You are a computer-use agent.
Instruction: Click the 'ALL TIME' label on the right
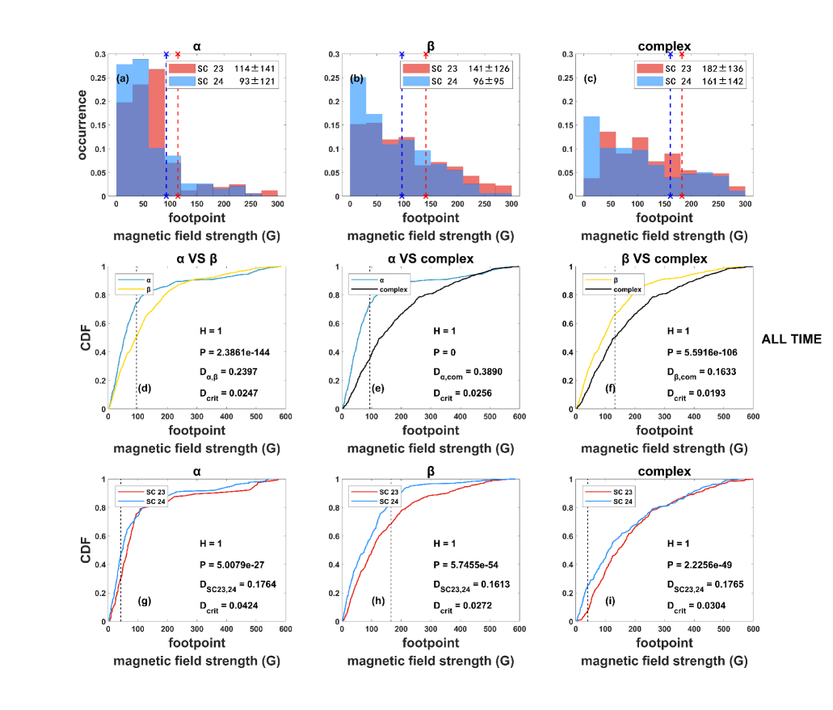pyautogui.click(x=791, y=339)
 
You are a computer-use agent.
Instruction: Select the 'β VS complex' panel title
pyautogui.click(x=652, y=258)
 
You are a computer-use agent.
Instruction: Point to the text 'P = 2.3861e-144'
pyautogui.click(x=238, y=351)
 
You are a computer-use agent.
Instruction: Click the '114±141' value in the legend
pyautogui.click(x=256, y=68)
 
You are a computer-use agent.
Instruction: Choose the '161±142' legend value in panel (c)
pyautogui.click(x=725, y=82)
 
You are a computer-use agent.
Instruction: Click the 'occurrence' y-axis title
pyautogui.click(x=83, y=125)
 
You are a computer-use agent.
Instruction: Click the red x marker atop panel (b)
pyautogui.click(x=426, y=55)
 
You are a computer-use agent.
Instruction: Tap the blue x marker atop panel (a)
pyautogui.click(x=166, y=55)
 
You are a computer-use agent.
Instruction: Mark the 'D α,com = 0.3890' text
pyautogui.click(x=461, y=372)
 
